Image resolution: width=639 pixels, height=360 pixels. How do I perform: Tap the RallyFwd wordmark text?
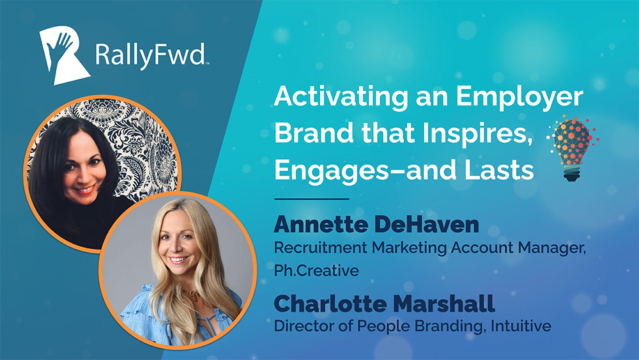151,56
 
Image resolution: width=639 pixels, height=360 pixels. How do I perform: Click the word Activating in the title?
341,97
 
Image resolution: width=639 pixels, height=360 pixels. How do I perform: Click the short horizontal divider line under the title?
312,199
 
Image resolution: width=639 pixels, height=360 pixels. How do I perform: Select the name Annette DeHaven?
376,224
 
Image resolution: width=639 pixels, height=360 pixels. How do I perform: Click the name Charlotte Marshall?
384,304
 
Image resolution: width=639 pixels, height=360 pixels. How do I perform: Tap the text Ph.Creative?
316,270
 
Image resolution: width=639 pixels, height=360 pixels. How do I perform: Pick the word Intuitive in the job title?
521,325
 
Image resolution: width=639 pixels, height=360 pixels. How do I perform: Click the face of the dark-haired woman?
84,167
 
